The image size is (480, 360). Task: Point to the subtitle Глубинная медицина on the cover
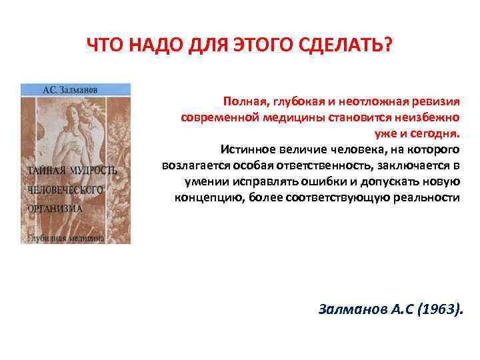(x=65, y=237)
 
